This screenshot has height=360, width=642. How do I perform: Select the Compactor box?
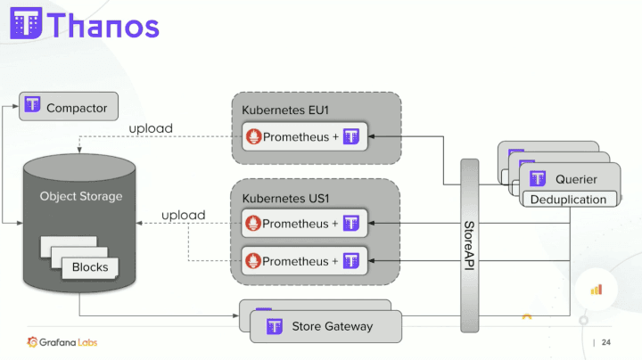pos(67,108)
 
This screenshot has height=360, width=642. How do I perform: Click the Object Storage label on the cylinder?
pos(81,196)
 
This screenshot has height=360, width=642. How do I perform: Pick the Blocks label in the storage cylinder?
pos(90,266)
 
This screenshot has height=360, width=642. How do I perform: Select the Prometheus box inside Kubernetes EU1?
pos(304,136)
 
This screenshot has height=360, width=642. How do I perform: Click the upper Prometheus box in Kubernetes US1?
pos(304,223)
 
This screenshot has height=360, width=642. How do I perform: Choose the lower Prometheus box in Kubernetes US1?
pos(304,261)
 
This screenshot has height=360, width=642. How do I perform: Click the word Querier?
pos(576,179)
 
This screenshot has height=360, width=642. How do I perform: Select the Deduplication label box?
pos(569,200)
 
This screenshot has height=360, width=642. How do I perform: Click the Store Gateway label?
pos(333,326)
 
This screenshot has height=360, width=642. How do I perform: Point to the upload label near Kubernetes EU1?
pos(151,128)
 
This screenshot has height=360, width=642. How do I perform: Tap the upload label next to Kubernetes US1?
pos(184,215)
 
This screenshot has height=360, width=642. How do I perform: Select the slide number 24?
pos(606,343)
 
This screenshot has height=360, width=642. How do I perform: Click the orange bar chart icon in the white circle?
pos(597,289)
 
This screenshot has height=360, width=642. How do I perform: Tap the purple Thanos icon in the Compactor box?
pos(33,108)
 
